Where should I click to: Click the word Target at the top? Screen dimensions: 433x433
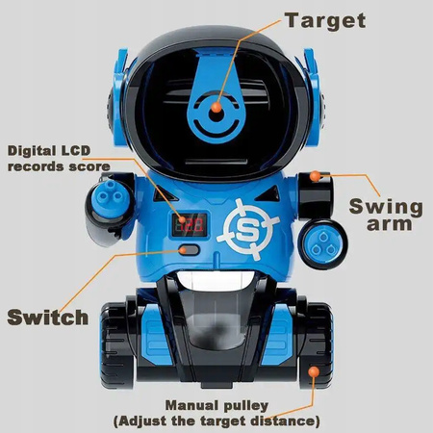pyautogui.click(x=325, y=21)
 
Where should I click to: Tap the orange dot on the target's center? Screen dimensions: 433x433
pyautogui.click(x=216, y=107)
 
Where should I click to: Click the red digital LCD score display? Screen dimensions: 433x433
pyautogui.click(x=190, y=224)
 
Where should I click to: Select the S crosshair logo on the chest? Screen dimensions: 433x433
pyautogui.click(x=247, y=229)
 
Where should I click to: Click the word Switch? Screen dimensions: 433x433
pyautogui.click(x=48, y=318)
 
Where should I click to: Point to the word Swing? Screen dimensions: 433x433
pyautogui.click(x=386, y=208)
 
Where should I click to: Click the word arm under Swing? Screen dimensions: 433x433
pyautogui.click(x=389, y=224)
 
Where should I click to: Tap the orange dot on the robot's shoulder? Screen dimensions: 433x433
pyautogui.click(x=315, y=176)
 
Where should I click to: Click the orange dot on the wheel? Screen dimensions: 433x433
pyautogui.click(x=314, y=372)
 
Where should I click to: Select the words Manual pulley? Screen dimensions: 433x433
pyautogui.click(x=216, y=406)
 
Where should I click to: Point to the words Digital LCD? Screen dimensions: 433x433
pyautogui.click(x=49, y=151)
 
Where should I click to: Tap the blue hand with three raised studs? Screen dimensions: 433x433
pyautogui.click(x=110, y=195)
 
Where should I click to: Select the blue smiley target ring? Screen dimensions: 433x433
pyautogui.click(x=216, y=115)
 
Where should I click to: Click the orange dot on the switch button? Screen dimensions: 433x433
pyautogui.click(x=184, y=250)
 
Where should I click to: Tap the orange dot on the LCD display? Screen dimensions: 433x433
pyautogui.click(x=182, y=219)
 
